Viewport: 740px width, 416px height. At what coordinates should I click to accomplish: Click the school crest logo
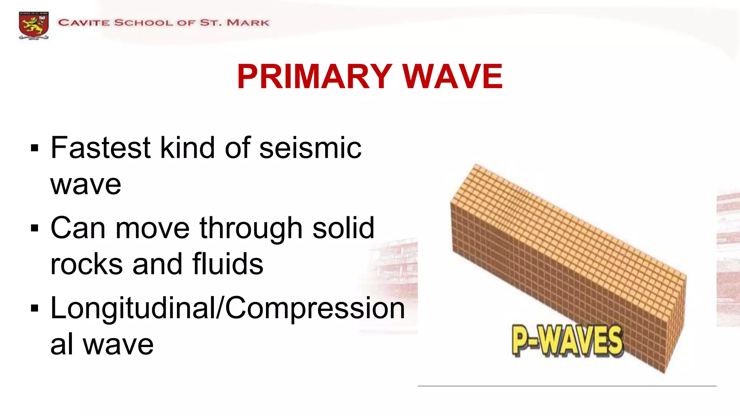(34, 25)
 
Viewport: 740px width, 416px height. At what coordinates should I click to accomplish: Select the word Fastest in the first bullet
(100, 148)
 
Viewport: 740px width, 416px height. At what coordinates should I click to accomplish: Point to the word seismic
(310, 148)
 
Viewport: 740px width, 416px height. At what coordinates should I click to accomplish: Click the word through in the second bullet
(251, 228)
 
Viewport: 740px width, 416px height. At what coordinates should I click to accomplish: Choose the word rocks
(86, 264)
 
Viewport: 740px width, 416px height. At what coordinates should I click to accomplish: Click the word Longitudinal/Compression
(228, 308)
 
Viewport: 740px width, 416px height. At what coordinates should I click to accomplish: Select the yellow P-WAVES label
(567, 340)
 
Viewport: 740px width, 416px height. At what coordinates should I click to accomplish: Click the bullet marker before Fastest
(35, 148)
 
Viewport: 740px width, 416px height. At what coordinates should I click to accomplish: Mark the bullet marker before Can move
(35, 228)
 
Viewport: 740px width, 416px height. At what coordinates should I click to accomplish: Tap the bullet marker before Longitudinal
(35, 308)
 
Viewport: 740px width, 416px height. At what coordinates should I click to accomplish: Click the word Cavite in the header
(84, 23)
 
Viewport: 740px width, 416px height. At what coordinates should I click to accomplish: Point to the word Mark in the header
(248, 23)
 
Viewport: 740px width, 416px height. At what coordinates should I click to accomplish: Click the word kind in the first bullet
(188, 148)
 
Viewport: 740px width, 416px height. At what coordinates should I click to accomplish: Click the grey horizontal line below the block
(567, 386)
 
